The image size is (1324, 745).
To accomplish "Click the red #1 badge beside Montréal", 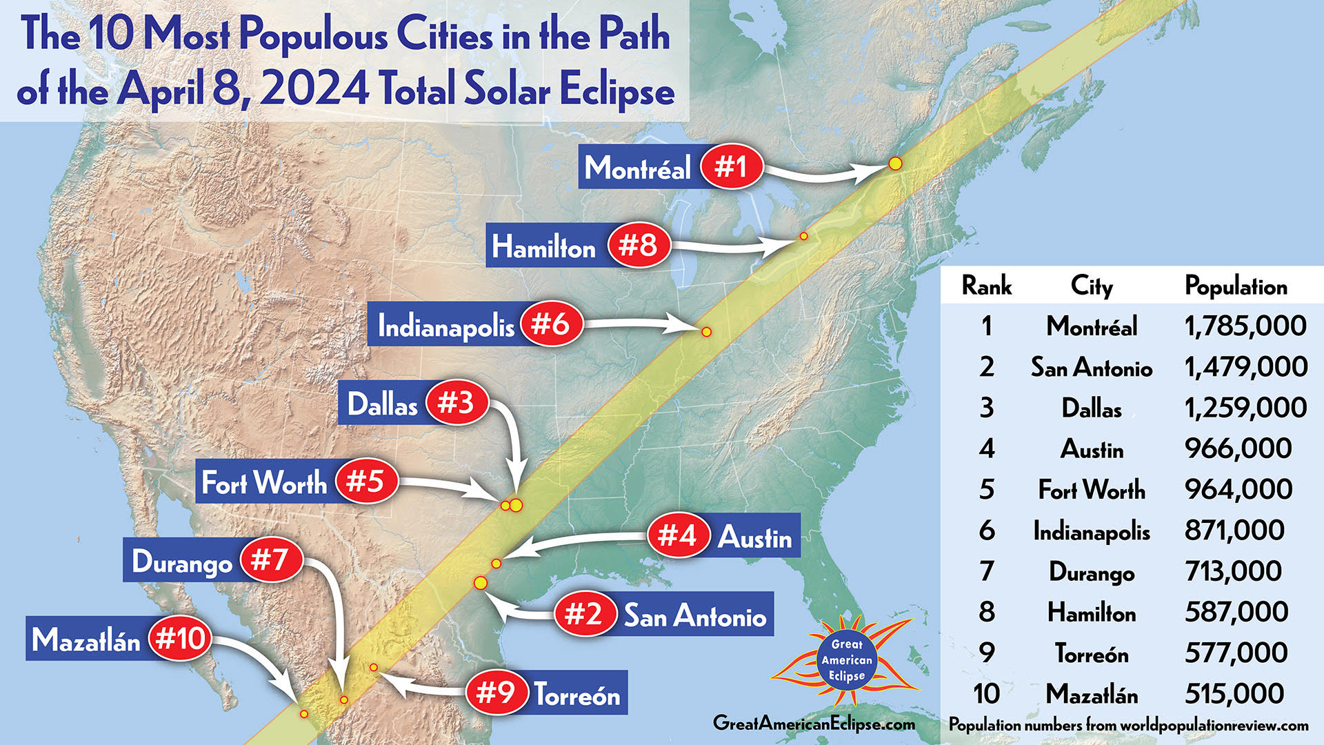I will (x=731, y=167).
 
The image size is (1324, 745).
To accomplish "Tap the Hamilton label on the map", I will (x=543, y=246).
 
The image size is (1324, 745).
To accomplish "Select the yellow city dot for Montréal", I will (x=895, y=163).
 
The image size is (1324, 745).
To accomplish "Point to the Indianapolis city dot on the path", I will (x=706, y=332).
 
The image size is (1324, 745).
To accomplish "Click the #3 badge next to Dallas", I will (x=457, y=402).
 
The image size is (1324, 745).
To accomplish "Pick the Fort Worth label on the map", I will (x=264, y=482).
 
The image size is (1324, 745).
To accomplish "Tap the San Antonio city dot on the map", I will (x=481, y=583).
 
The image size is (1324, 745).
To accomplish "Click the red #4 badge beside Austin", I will (x=678, y=535).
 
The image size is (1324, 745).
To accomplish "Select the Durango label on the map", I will (x=182, y=562).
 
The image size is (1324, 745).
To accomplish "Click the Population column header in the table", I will (x=1236, y=286).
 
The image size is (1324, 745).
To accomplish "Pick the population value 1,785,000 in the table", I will (x=1245, y=326).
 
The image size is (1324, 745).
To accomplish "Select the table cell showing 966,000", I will (x=1238, y=448).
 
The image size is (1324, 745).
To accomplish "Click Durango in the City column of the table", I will (x=1092, y=571).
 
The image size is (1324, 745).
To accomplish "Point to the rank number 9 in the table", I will (x=987, y=653).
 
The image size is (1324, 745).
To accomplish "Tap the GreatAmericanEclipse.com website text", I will (x=814, y=723).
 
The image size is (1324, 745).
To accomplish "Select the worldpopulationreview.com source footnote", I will (x=1129, y=725).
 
